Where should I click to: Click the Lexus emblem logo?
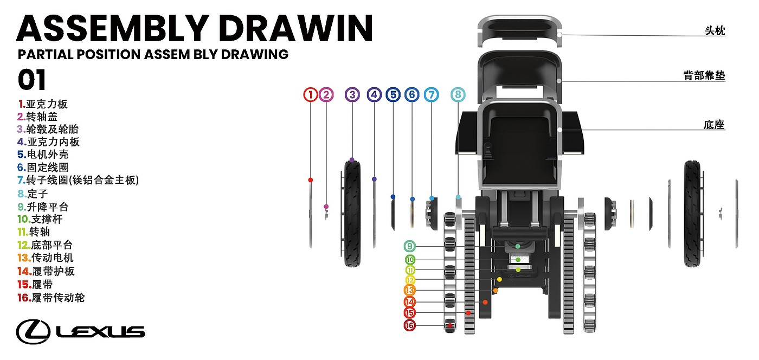(33, 331)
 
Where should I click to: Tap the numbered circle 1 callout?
(310, 95)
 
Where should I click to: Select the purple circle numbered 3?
(352, 95)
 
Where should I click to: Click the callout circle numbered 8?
(458, 95)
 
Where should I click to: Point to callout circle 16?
(410, 325)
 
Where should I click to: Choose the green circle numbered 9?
(410, 246)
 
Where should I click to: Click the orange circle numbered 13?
(410, 291)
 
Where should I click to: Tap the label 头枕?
(714, 31)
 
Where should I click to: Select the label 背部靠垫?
(704, 75)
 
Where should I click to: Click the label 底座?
(714, 125)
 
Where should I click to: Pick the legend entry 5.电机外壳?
(43, 155)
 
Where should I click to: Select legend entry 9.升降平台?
(43, 207)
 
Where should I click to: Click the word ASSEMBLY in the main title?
(111, 28)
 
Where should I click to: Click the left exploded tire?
(352, 213)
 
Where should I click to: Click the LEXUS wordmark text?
(100, 331)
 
